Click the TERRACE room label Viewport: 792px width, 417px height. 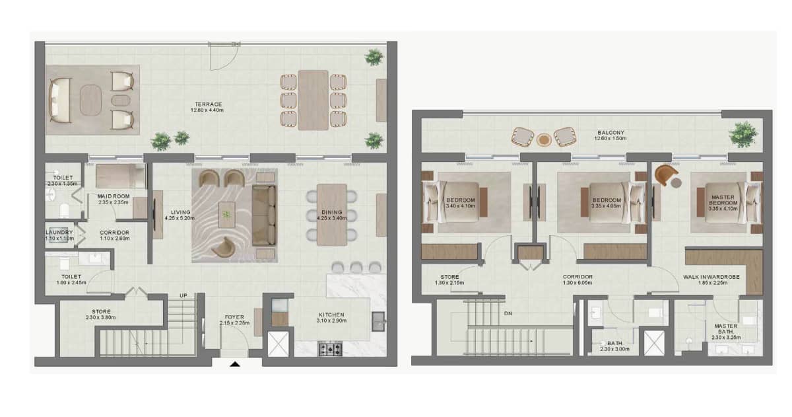(x=208, y=104)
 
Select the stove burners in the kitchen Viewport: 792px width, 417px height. (x=331, y=349)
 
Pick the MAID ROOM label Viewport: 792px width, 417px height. (x=113, y=196)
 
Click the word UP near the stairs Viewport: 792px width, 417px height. (x=183, y=295)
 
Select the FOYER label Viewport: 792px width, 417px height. (x=234, y=317)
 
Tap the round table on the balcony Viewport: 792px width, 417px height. (x=544, y=139)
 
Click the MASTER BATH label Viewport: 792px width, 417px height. (x=726, y=329)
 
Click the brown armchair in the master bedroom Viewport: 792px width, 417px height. (x=667, y=175)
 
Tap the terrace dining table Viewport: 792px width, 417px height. (x=313, y=100)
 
